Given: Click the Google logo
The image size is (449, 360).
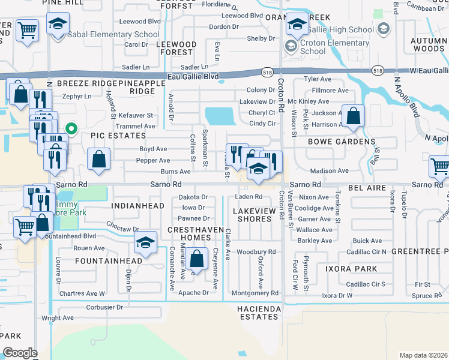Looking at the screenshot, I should pyautogui.click(x=20, y=353).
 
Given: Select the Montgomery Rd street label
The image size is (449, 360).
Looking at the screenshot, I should pyautogui.click(x=255, y=293).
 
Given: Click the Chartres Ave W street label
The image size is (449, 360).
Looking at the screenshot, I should pyautogui.click(x=82, y=293).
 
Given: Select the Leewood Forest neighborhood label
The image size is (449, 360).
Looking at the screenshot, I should pyautogui.click(x=176, y=49).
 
